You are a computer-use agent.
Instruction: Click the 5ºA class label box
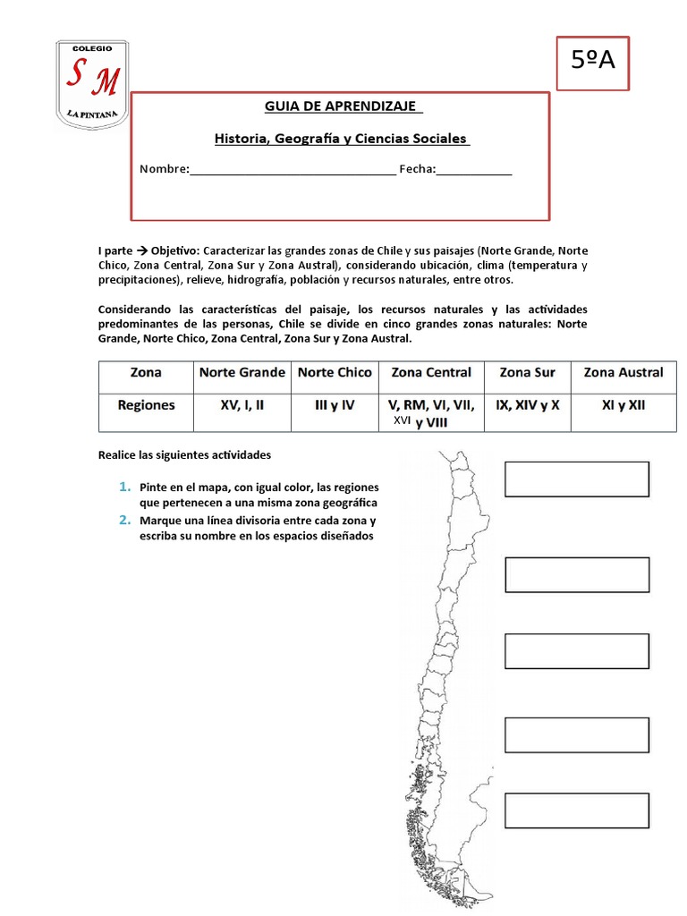pyautogui.click(x=593, y=63)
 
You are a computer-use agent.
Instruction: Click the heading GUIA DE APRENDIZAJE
pyautogui.click(x=343, y=107)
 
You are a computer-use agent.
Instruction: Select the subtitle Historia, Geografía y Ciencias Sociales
pyautogui.click(x=341, y=139)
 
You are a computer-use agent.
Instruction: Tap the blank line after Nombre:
pyautogui.click(x=293, y=170)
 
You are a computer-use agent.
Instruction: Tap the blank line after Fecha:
pyautogui.click(x=474, y=170)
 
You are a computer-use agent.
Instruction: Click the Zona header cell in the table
pyautogui.click(x=146, y=372)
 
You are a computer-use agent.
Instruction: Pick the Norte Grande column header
pyautogui.click(x=242, y=372)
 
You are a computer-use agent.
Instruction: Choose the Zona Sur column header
pyautogui.click(x=527, y=372)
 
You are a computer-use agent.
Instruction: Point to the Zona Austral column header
pyautogui.click(x=623, y=372)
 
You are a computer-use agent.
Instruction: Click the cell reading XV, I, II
pyautogui.click(x=242, y=405)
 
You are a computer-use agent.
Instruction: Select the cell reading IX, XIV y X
pyautogui.click(x=527, y=405)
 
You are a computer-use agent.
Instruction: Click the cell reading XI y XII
pyautogui.click(x=623, y=405)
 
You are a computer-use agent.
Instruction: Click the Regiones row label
pyautogui.click(x=146, y=405)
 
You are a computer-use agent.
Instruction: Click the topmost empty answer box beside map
pyautogui.click(x=577, y=479)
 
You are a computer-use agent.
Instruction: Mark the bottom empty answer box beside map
pyautogui.click(x=577, y=810)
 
